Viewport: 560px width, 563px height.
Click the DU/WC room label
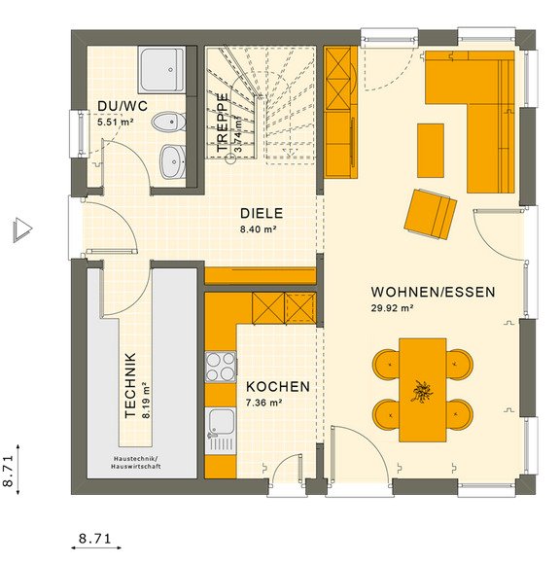tap(122, 106)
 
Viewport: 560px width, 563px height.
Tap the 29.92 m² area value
tap(392, 308)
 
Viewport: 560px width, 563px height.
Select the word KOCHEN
tap(278, 387)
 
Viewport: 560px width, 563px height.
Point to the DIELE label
tap(262, 213)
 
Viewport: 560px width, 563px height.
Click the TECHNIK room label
tap(130, 385)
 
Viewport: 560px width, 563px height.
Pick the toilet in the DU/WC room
tap(168, 123)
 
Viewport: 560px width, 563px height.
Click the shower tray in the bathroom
tap(162, 70)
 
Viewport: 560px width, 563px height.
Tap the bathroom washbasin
tap(173, 161)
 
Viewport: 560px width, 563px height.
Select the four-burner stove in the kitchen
tap(221, 367)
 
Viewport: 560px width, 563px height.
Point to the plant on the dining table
tap(422, 391)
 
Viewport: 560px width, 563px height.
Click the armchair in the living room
tap(431, 214)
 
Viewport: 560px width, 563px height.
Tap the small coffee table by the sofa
tap(431, 151)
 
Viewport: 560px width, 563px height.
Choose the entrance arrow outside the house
tap(22, 230)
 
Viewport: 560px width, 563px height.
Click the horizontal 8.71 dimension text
tap(95, 539)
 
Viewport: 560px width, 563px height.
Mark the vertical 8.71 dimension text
tap(8, 471)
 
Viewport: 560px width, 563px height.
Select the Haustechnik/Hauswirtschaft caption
tap(136, 463)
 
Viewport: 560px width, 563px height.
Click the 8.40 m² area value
tap(258, 229)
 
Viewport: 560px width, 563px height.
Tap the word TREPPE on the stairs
tap(223, 123)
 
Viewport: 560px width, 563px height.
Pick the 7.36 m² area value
tap(263, 403)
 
